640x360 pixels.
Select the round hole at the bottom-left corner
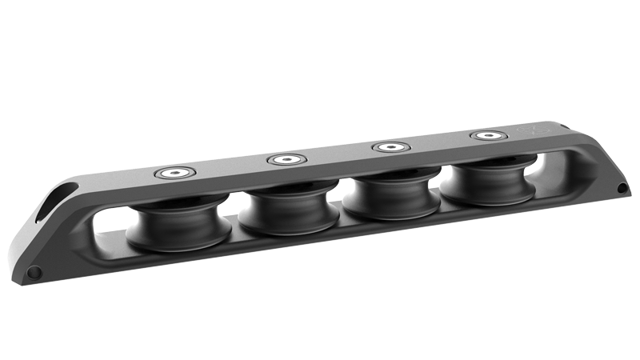[x=34, y=273]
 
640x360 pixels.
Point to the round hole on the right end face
[x=622, y=188]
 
